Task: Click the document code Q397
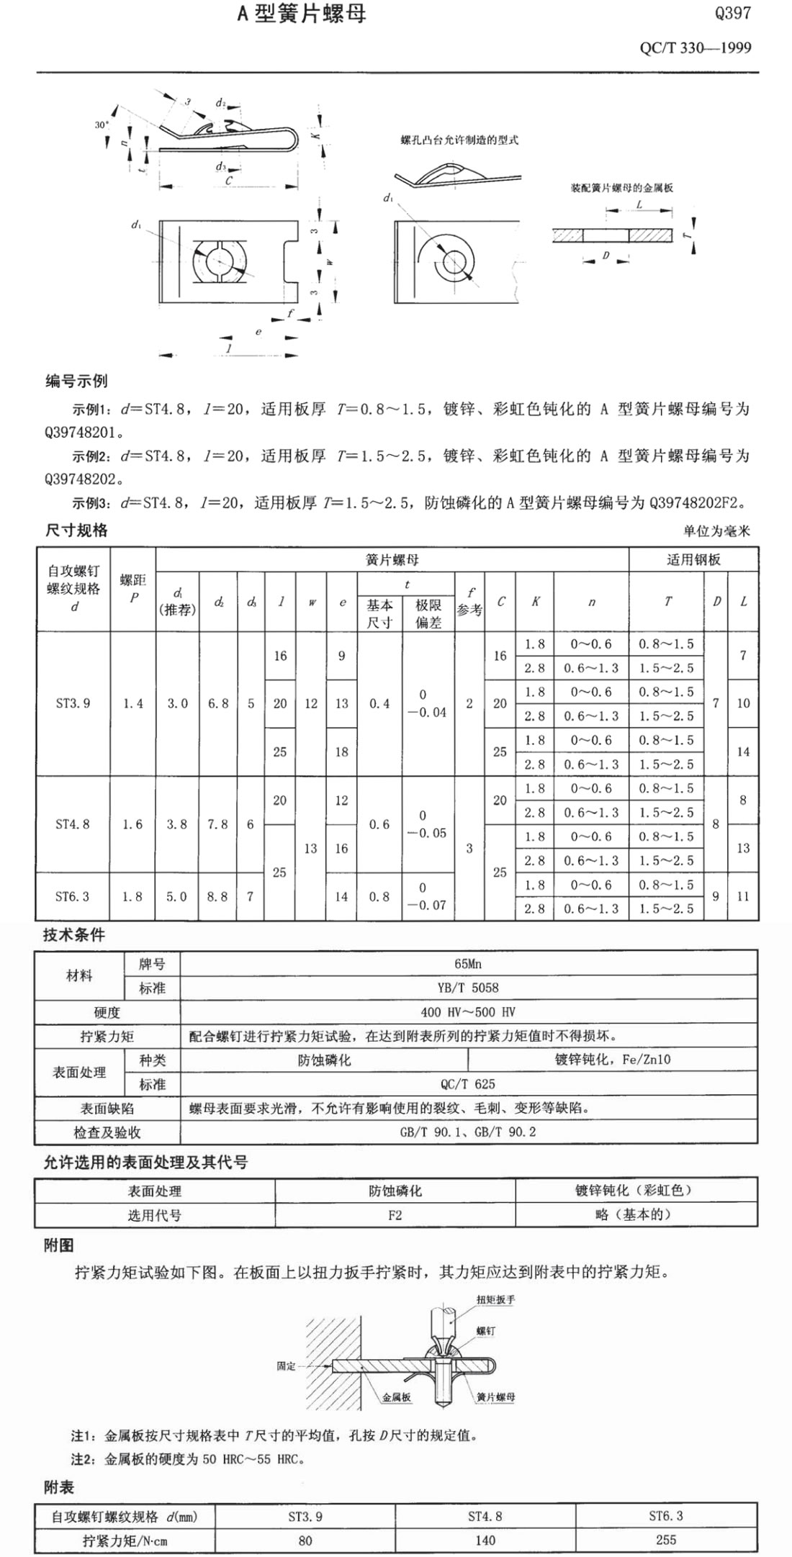pos(732,13)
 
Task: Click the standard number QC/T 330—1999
pos(695,48)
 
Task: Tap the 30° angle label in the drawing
pos(102,125)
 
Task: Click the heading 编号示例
pos(76,381)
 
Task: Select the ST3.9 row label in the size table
pos(73,703)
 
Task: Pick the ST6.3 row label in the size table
pos(73,896)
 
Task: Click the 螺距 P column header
pos(132,588)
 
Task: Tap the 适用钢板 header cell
pos(693,559)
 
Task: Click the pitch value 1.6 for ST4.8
pos(132,824)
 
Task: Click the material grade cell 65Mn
pos(468,964)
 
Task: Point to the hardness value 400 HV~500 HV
pos(468,1012)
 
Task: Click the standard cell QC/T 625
pos(468,1084)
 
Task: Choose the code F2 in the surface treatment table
pos(395,1215)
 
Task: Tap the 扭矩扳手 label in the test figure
pos(495,1300)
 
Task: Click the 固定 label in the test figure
pos(287,1366)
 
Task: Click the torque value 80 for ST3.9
pos(305,1540)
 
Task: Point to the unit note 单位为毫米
pos(716,531)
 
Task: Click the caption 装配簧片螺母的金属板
pos(621,188)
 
